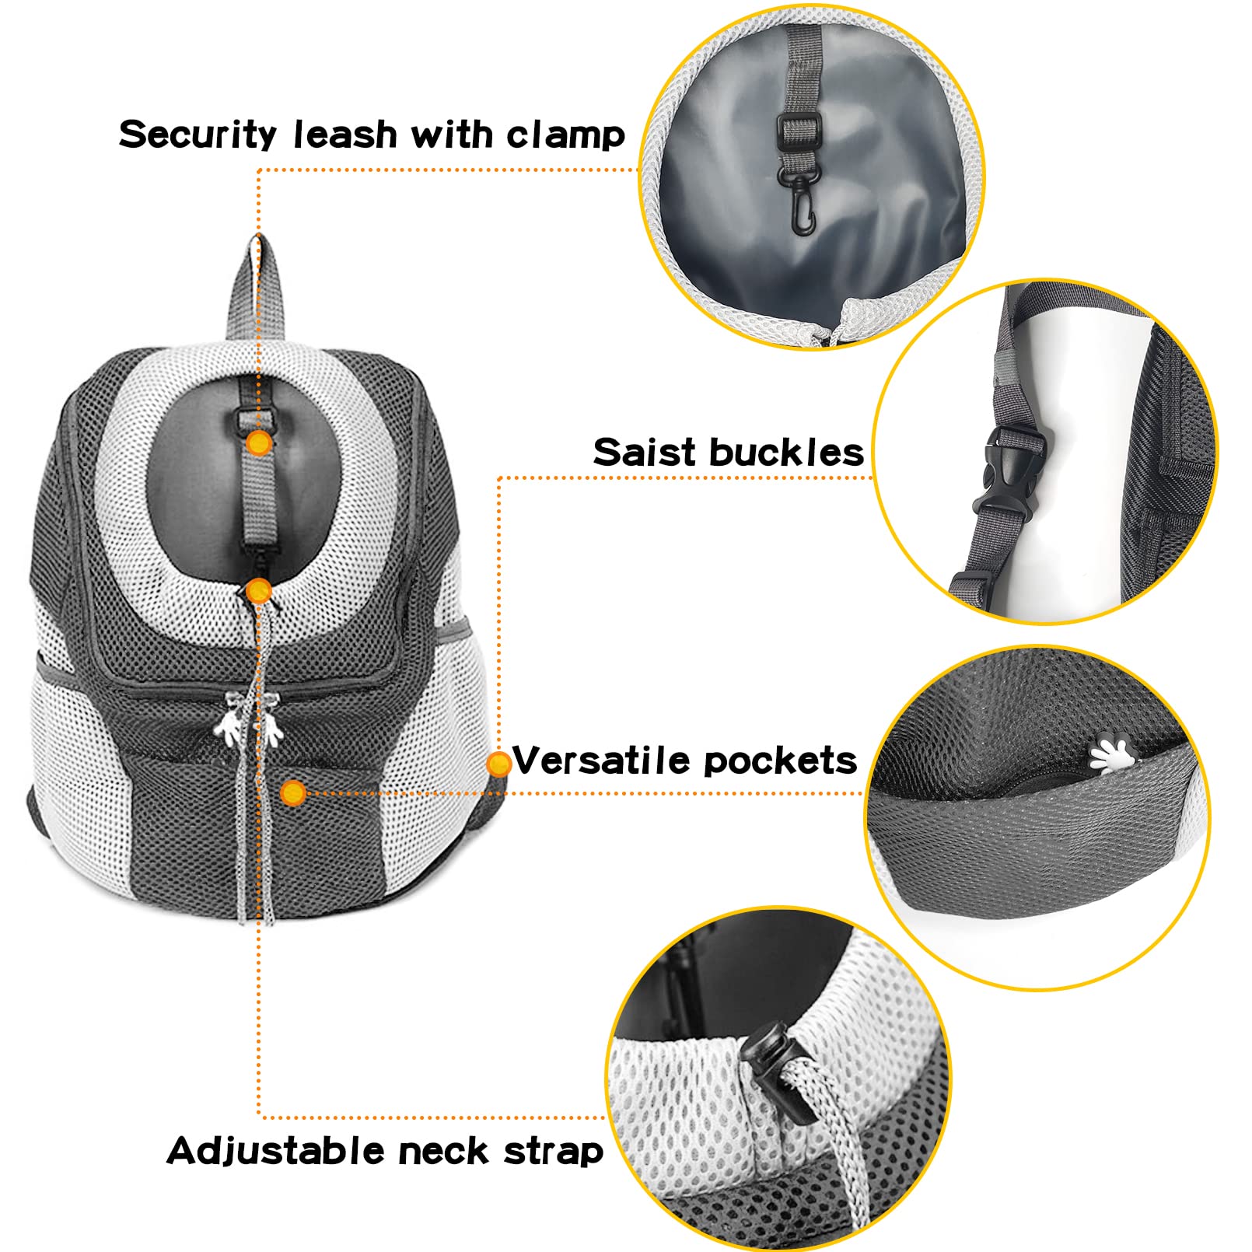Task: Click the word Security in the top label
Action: [198, 135]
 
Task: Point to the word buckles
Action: [786, 453]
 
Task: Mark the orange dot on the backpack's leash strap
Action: [259, 443]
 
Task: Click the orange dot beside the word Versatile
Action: [498, 764]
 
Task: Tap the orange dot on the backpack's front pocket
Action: [293, 792]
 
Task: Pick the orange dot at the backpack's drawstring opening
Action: [259, 591]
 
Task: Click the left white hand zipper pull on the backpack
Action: [232, 725]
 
